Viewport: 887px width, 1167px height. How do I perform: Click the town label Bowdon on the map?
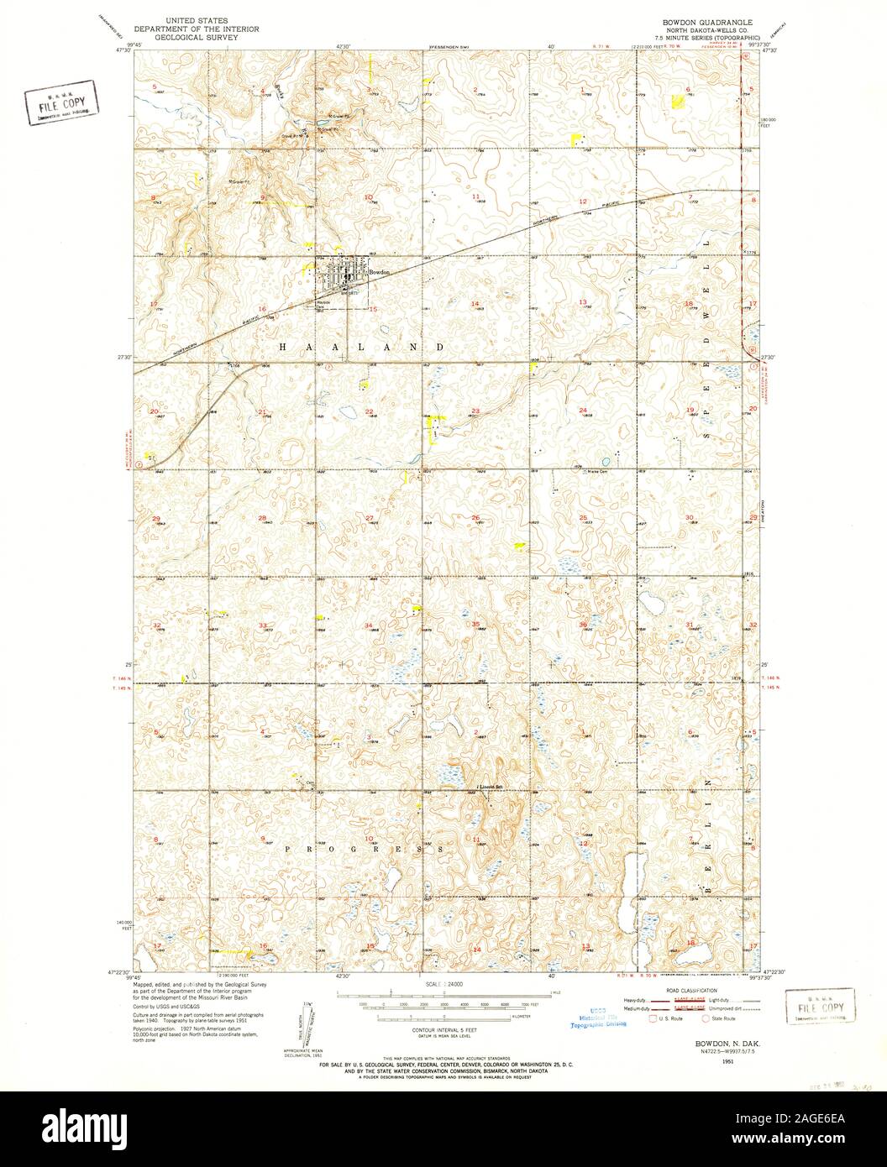[x=381, y=273]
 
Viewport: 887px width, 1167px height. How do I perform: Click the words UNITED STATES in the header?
[x=200, y=18]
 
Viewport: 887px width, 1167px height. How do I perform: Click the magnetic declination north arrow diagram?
[x=305, y=1020]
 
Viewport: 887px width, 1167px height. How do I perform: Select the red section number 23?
[x=475, y=411]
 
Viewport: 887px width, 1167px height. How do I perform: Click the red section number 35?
[x=475, y=625]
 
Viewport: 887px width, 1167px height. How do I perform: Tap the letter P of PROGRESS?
[x=287, y=849]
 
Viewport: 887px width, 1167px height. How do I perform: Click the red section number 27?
[x=369, y=518]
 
